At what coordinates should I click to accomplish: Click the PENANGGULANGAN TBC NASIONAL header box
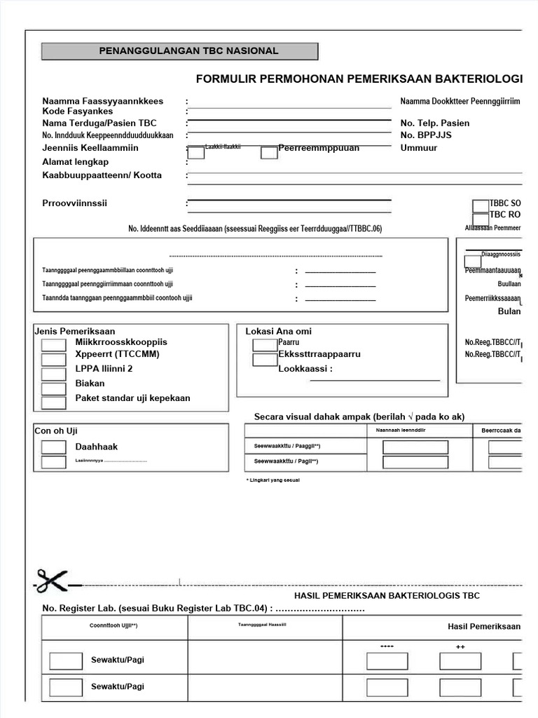pyautogui.click(x=179, y=51)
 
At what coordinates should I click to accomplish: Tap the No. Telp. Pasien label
pyautogui.click(x=434, y=123)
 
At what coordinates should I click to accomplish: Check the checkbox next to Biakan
pyautogui.click(x=54, y=388)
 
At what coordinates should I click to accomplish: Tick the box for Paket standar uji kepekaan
pyautogui.click(x=54, y=403)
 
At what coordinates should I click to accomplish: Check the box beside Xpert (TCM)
pyautogui.click(x=54, y=359)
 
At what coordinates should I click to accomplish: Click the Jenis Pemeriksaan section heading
pyautogui.click(x=75, y=331)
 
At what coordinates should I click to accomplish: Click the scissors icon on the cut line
pyautogui.click(x=51, y=582)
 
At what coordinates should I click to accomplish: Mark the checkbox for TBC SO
pyautogui.click(x=481, y=205)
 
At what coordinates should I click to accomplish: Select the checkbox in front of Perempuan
pyautogui.click(x=269, y=152)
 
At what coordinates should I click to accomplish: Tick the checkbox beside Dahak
pyautogui.click(x=54, y=447)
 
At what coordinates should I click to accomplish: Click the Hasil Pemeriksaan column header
pyautogui.click(x=483, y=626)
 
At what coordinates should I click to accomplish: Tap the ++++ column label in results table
pyautogui.click(x=387, y=646)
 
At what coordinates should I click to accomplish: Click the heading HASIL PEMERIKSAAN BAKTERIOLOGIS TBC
pyautogui.click(x=387, y=595)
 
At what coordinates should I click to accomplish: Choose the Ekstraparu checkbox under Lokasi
pyautogui.click(x=265, y=360)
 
